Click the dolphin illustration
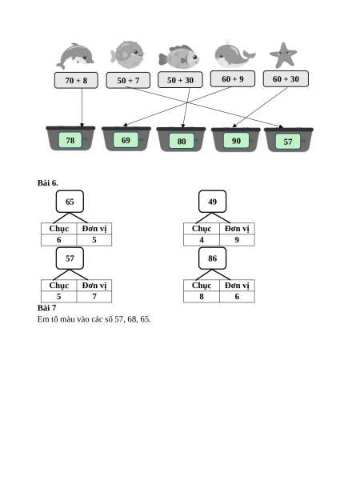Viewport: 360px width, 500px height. click(x=75, y=55)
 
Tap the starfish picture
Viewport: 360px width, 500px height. click(x=283, y=55)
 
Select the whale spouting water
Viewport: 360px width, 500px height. click(x=234, y=54)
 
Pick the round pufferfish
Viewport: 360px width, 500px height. click(x=127, y=54)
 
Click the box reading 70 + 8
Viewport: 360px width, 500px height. click(x=76, y=80)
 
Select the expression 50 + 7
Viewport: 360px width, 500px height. click(x=128, y=80)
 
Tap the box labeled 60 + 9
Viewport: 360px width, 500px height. click(x=233, y=78)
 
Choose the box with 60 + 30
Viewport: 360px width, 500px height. click(x=286, y=78)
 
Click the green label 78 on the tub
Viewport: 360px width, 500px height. click(x=70, y=140)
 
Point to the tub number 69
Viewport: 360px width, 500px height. click(x=126, y=140)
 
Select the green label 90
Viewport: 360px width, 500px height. click(x=236, y=141)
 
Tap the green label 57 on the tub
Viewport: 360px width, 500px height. click(x=288, y=142)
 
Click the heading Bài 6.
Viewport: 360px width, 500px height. click(x=48, y=183)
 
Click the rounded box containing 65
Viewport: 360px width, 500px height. click(x=70, y=202)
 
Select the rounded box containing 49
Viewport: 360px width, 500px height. click(x=212, y=202)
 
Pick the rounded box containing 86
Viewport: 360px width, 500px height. click(x=212, y=258)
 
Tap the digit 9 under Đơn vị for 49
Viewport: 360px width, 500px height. click(x=237, y=240)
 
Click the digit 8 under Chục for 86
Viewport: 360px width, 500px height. click(x=202, y=297)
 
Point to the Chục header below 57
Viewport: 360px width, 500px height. click(x=59, y=286)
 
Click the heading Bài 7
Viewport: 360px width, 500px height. click(x=47, y=308)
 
